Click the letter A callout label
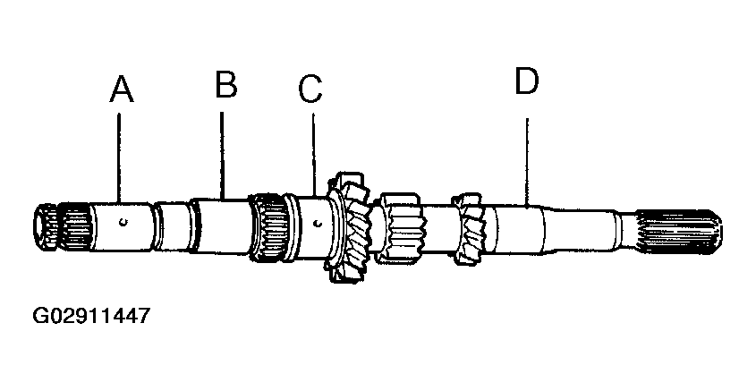tap(122, 89)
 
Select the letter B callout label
tap(226, 84)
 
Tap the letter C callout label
tap(310, 89)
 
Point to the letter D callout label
tap(526, 81)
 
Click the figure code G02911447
tap(91, 316)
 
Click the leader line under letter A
tap(120, 157)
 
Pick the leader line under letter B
tap(222, 156)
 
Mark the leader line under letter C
tap(313, 155)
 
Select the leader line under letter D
tap(527, 163)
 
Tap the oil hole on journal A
tap(123, 222)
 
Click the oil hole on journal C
tap(317, 223)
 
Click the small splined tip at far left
tap(46, 227)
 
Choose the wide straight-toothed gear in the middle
tap(399, 227)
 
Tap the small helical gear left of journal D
tap(467, 228)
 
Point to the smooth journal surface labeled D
tap(520, 229)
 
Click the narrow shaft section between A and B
tap(174, 226)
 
